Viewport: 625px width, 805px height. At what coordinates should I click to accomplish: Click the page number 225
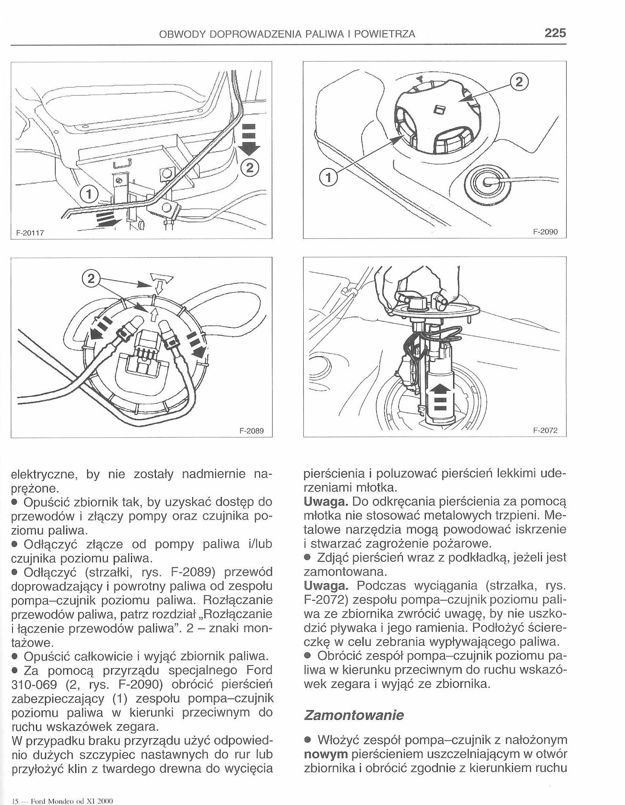[555, 33]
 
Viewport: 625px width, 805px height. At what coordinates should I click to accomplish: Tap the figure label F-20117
[31, 232]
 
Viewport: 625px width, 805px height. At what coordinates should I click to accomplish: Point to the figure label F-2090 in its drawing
[546, 232]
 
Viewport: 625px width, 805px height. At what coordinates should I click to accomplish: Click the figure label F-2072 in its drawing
[546, 430]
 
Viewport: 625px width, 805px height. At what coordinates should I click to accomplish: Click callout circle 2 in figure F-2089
[91, 278]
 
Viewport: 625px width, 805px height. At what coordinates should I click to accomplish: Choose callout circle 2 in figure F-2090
[520, 82]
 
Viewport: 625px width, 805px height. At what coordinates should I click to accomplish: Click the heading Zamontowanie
[354, 715]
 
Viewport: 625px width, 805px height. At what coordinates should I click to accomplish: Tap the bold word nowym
[326, 754]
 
